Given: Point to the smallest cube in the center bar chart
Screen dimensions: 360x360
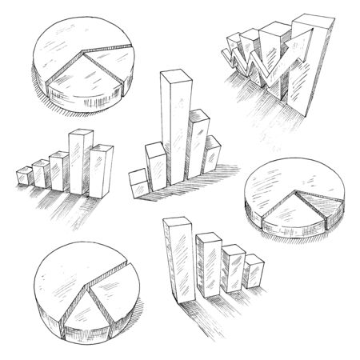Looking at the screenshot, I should [138, 182].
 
